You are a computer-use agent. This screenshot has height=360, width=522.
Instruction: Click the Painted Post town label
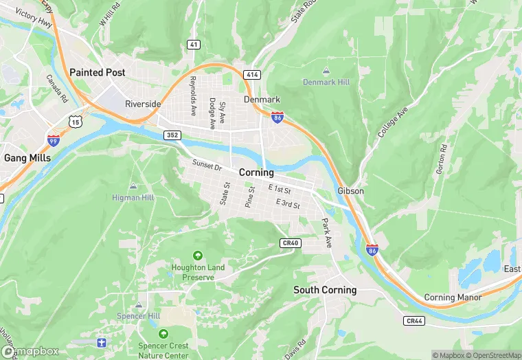point(97,72)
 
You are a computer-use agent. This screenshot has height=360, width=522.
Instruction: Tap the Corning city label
point(256,172)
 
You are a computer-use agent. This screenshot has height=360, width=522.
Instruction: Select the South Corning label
point(325,290)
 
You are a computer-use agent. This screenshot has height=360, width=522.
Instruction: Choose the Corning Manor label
point(453,297)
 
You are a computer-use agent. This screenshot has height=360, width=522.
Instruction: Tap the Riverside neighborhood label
point(143,104)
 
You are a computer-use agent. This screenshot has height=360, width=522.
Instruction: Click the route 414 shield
point(252,74)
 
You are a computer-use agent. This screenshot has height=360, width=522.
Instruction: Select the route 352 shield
point(172,135)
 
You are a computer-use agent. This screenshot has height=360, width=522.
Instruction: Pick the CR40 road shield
point(291,243)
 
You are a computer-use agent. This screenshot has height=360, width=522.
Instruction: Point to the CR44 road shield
point(413,321)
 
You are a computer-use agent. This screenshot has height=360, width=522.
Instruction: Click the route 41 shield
point(194,45)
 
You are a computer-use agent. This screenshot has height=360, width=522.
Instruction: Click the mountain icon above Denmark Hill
point(326,71)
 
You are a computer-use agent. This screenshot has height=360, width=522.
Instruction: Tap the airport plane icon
point(102,341)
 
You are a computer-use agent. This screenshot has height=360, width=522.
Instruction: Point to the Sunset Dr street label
point(207,166)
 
